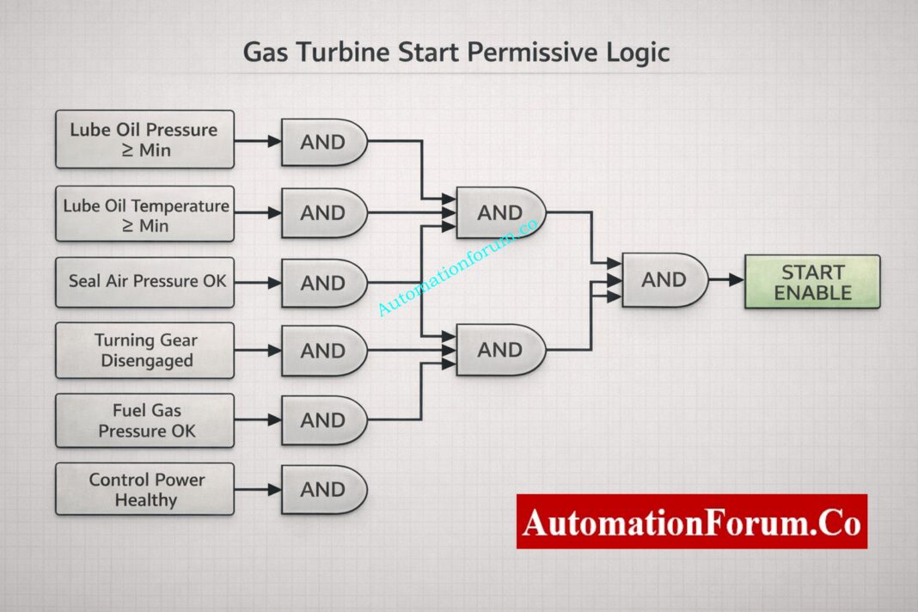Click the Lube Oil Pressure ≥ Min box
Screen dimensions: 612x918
(x=144, y=139)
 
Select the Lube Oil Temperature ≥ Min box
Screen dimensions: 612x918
(x=144, y=214)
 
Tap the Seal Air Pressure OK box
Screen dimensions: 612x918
(x=144, y=282)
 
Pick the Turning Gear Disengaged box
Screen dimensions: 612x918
(x=144, y=351)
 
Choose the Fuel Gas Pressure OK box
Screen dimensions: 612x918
(x=144, y=420)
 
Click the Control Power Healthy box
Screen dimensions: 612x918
(x=144, y=489)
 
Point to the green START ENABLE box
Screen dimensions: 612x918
(x=811, y=282)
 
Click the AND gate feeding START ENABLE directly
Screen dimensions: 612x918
(x=664, y=279)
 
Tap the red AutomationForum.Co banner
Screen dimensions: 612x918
(x=691, y=521)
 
